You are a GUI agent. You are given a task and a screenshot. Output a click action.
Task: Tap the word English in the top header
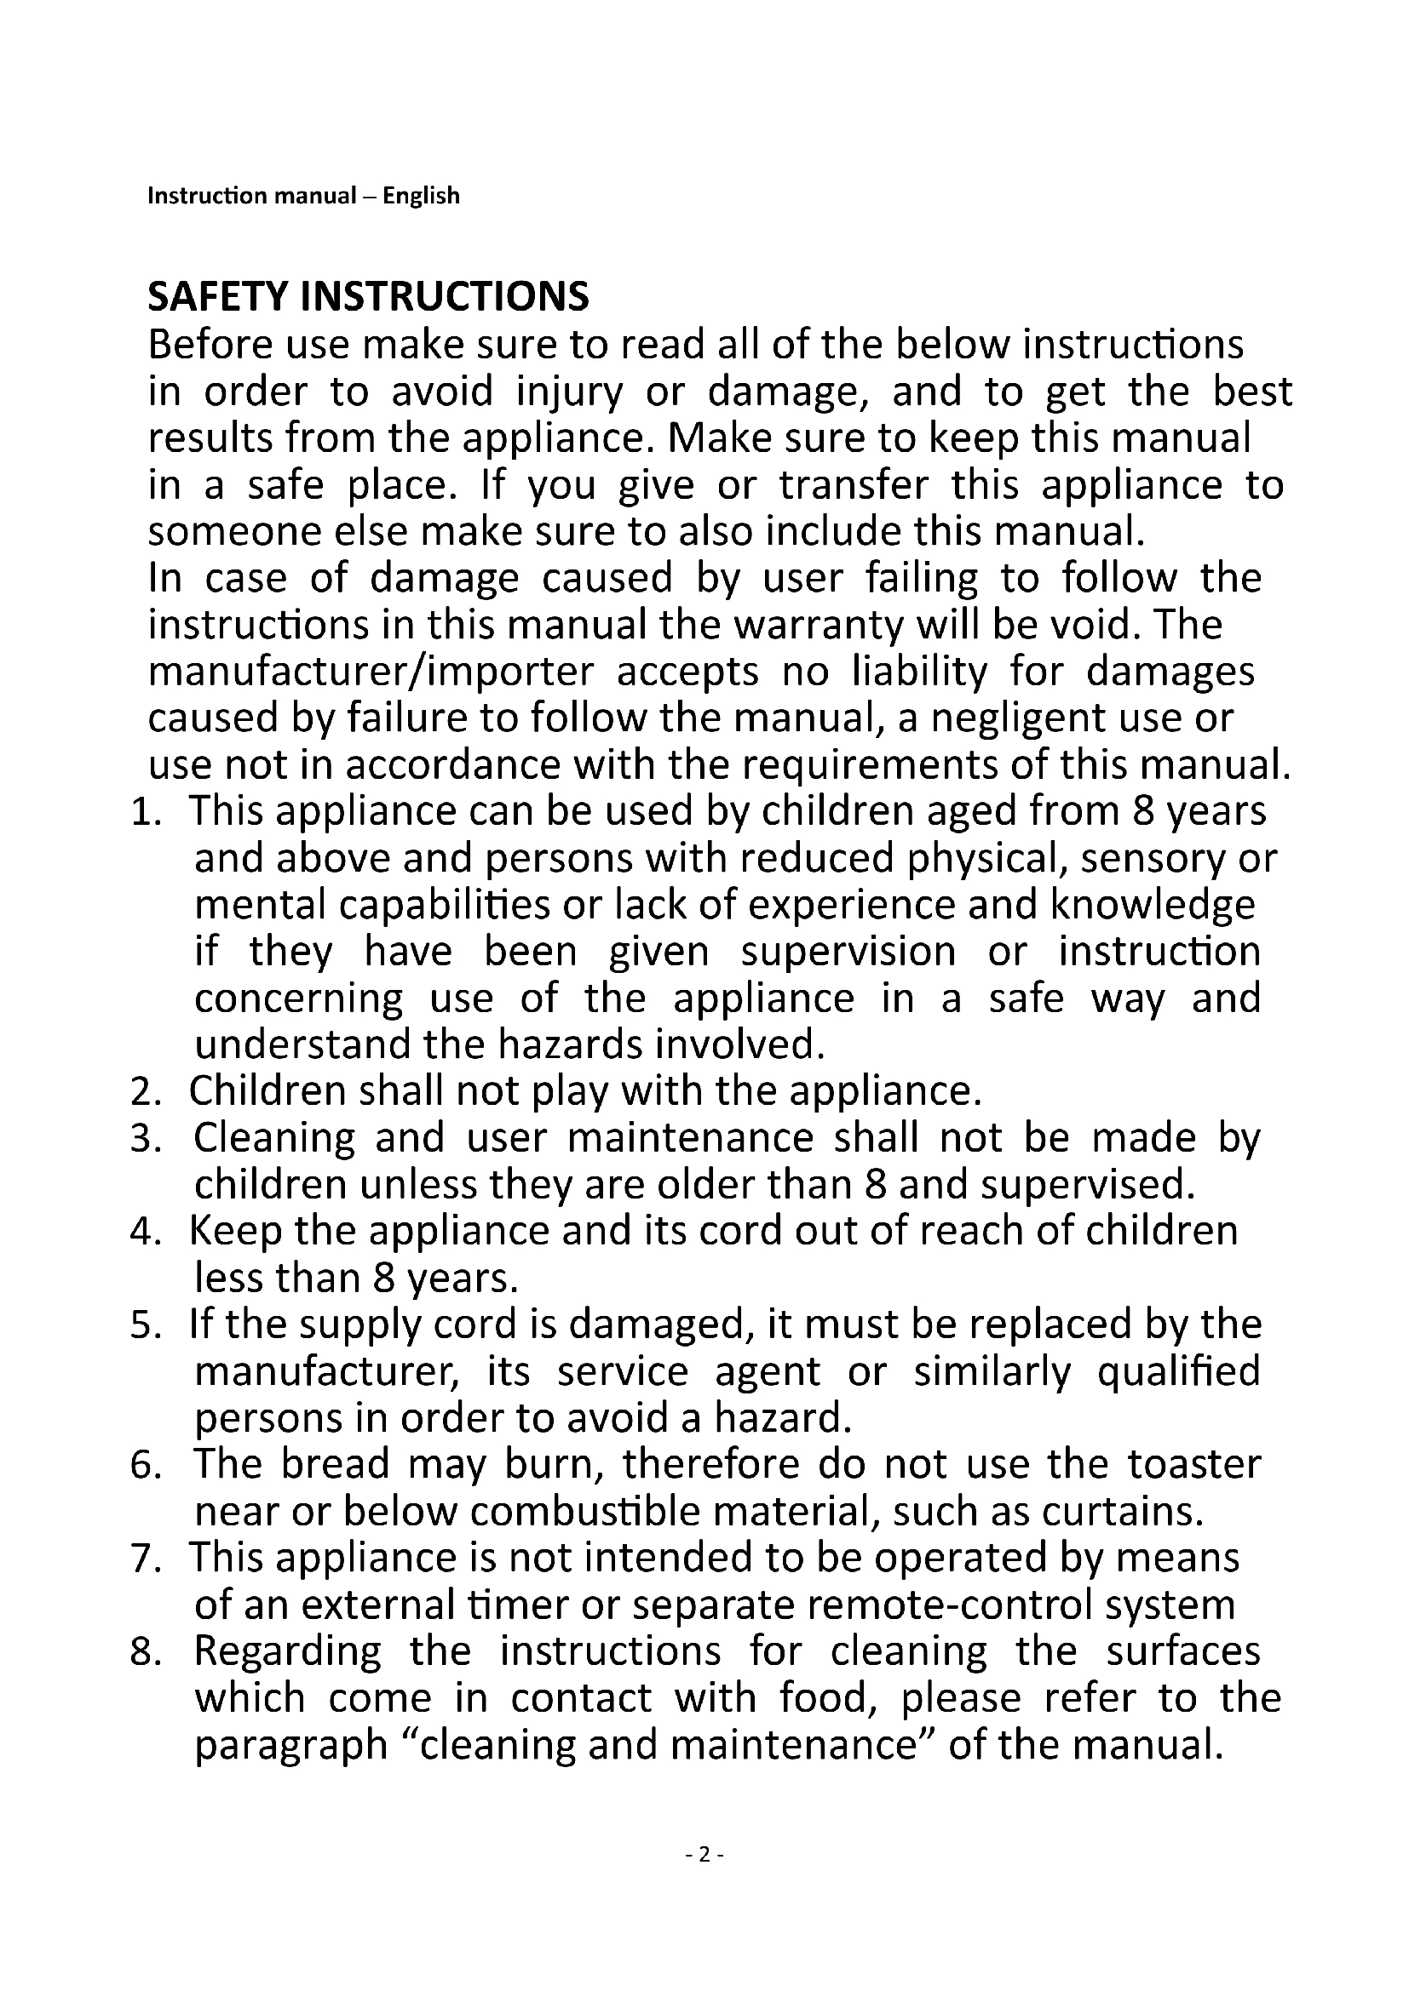[421, 196]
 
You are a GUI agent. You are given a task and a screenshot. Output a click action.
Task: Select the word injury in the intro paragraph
[569, 392]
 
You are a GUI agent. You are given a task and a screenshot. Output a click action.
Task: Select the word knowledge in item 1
[1153, 906]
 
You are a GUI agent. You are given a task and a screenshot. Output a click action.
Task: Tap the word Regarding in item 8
[287, 1653]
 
